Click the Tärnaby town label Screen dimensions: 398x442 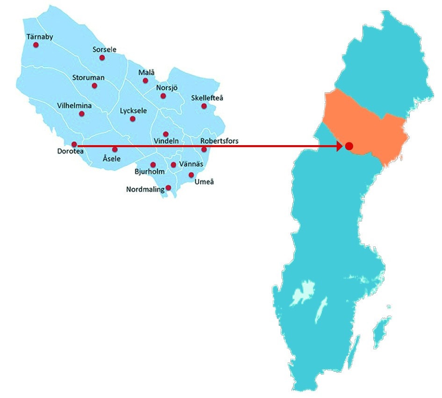tap(40, 37)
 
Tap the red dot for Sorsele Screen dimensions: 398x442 tap(102, 58)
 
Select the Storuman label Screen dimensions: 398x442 tap(88, 78)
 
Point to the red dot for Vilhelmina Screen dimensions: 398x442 tap(82, 113)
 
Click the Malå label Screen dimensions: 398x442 tap(146, 73)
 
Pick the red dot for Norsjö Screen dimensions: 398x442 tap(163, 96)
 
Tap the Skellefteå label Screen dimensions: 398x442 tap(207, 98)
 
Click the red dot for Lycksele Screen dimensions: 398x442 tap(133, 119)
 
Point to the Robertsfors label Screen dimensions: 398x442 tap(219, 141)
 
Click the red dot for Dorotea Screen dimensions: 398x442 tap(74, 144)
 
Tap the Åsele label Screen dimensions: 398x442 tap(111, 159)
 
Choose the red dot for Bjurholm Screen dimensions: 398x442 tap(153, 165)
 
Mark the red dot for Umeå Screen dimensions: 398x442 tap(191, 175)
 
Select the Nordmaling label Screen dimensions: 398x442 tap(145, 190)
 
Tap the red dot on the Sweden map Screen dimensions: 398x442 tap(349, 146)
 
